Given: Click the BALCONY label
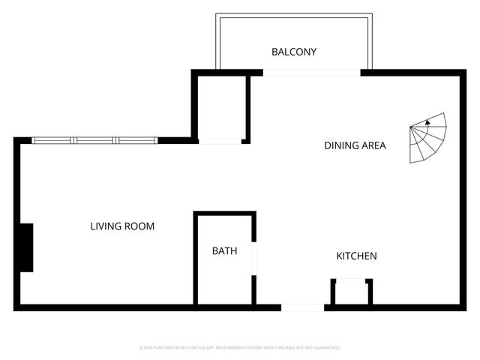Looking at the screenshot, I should (x=293, y=52).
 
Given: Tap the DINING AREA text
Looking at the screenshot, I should (x=355, y=145).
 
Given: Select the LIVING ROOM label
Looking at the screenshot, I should (x=122, y=226).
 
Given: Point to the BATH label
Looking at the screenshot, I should (x=224, y=251).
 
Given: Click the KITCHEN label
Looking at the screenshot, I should (x=355, y=256).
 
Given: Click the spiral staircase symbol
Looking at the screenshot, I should (x=428, y=139).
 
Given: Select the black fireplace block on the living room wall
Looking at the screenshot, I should (x=26, y=247).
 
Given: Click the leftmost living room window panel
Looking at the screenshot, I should (x=52, y=140).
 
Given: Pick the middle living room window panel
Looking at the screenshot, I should (x=94, y=140).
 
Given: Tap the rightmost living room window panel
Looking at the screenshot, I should (x=136, y=140).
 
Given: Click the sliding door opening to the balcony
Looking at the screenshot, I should (x=311, y=73).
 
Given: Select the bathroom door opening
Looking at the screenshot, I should (x=254, y=259).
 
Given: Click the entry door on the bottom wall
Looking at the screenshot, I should (x=302, y=307).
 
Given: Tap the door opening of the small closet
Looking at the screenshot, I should (x=220, y=141).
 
